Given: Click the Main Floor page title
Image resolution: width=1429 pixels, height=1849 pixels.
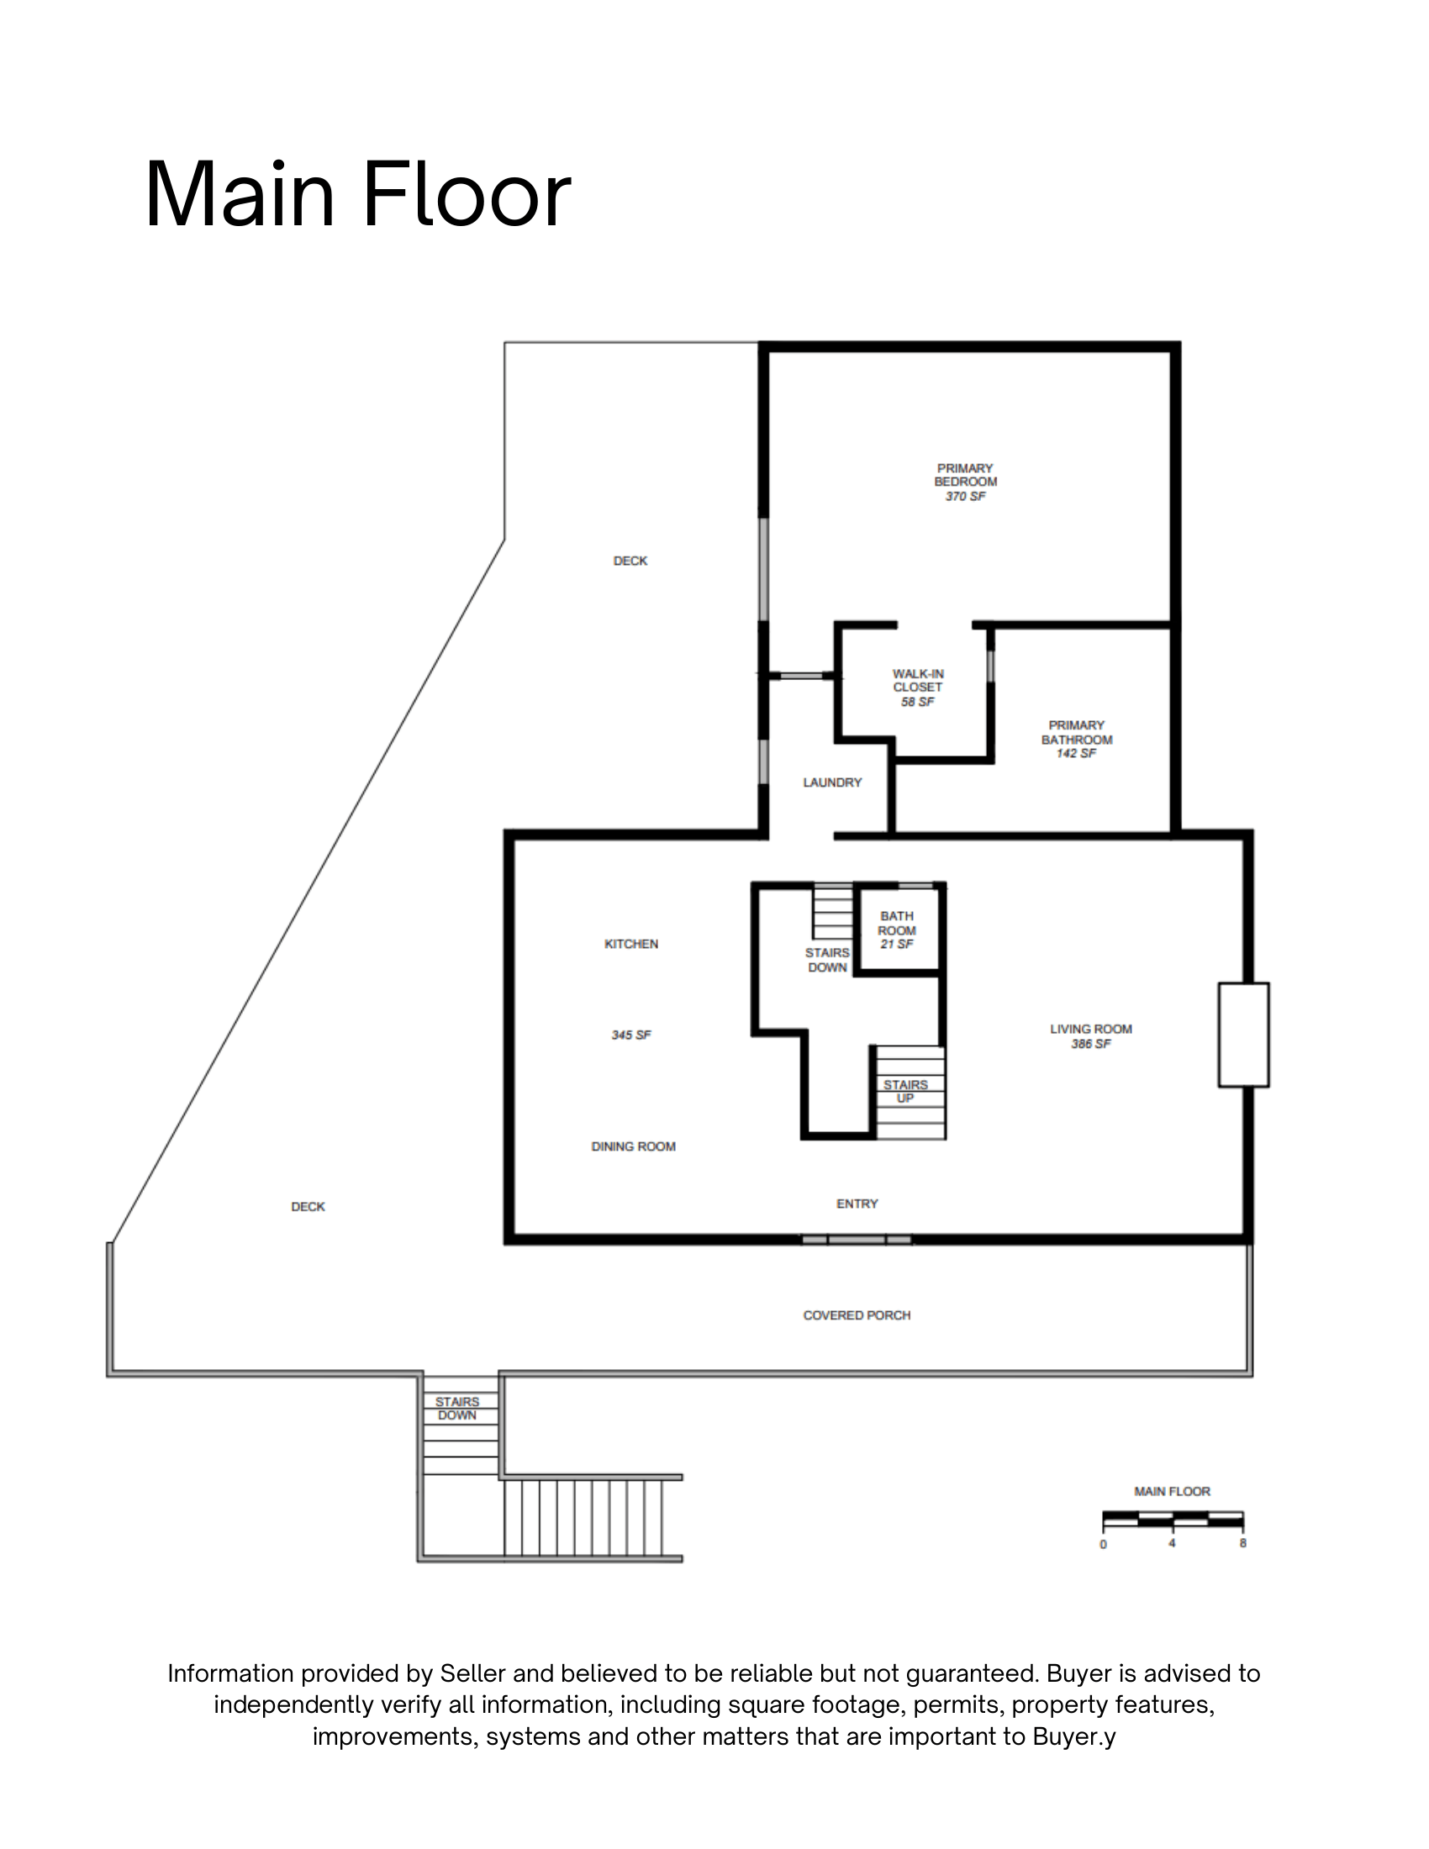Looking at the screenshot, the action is coord(358,196).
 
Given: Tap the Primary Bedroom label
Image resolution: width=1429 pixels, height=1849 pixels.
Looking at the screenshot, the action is coord(965,475).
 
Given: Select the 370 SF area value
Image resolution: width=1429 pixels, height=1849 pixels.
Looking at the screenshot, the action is coord(965,496).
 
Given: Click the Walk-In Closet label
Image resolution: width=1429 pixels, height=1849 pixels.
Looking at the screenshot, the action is coord(918,681).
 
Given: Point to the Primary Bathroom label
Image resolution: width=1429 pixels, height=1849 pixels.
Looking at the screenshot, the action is coord(1077,732).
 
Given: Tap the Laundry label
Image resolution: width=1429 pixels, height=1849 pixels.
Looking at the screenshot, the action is coord(832,782).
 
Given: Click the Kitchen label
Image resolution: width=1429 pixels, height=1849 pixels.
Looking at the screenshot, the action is coord(631,944).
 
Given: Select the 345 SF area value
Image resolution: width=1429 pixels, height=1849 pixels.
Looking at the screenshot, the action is coord(631,1035).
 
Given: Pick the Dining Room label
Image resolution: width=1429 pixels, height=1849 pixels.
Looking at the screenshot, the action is coord(633,1146).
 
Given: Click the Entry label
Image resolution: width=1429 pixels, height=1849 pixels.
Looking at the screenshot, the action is coord(857,1203).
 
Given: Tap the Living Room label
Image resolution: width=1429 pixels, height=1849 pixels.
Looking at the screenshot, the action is coord(1091,1029).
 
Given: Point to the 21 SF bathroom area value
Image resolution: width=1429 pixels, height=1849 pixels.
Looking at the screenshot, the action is coord(897,944).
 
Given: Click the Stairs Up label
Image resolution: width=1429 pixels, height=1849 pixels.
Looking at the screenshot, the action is coord(906,1091).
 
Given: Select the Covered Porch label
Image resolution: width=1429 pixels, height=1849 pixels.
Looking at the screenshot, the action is coord(857,1314).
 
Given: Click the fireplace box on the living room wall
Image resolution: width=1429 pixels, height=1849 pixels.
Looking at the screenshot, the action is coord(1243,1035).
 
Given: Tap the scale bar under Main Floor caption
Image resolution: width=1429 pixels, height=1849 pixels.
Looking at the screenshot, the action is coord(1173,1520).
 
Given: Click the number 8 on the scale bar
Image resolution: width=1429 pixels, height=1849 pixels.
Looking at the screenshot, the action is coord(1242,1543).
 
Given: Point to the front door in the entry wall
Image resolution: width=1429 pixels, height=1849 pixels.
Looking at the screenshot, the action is coord(857,1240).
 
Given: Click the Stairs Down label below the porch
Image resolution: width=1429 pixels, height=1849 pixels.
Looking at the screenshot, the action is coord(457,1409).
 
